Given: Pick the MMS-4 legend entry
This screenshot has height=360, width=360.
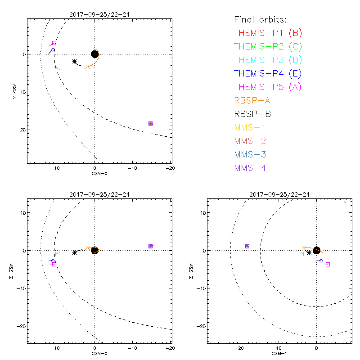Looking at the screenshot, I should pyautogui.click(x=252, y=168).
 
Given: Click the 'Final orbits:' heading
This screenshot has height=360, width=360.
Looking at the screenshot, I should pyautogui.click(x=260, y=19).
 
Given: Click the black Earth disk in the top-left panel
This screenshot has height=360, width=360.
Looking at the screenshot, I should pyautogui.click(x=94, y=54).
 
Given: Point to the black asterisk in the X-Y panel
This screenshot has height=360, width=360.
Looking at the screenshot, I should pyautogui.click(x=74, y=62).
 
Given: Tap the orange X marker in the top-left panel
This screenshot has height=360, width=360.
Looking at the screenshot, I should pyautogui.click(x=88, y=67).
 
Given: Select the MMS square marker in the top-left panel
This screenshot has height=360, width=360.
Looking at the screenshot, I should pyautogui.click(x=151, y=123).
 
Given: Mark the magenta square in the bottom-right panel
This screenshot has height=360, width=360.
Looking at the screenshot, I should pyautogui.click(x=328, y=264).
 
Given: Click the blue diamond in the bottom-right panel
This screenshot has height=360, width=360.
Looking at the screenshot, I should pyautogui.click(x=320, y=261).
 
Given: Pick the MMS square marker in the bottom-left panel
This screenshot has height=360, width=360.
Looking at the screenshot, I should pyautogui.click(x=151, y=246).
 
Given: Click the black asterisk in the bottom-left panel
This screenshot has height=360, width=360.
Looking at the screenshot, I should pyautogui.click(x=74, y=252).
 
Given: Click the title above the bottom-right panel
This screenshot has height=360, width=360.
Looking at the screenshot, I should pyautogui.click(x=279, y=194).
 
